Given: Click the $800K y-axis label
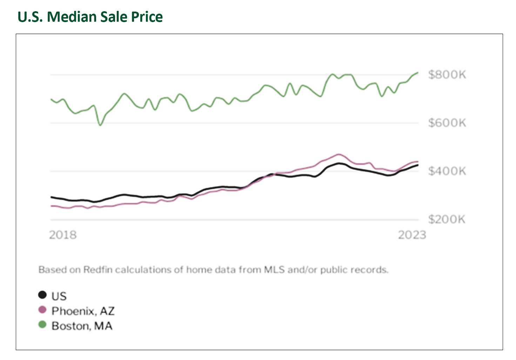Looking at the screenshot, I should pos(447,75).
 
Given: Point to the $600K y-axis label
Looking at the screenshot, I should pos(447,123).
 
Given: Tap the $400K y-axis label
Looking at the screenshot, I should pos(447,171).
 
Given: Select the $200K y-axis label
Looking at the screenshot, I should pos(447,219).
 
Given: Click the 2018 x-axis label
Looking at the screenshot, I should pos(63,235).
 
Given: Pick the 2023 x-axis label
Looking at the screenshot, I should pos(412,235).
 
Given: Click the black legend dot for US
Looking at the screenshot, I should pos(42,295).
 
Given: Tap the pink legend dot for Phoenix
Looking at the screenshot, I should pos(42,310).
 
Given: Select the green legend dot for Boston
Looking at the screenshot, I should pos(42,325).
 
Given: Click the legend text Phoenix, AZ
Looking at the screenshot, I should pos(83,311).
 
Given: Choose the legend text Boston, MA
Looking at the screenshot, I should pos(82,326).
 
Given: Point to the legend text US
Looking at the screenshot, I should pos(59,296).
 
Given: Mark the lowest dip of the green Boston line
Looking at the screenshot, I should pos(100,125).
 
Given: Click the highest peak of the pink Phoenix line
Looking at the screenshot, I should pos(338,154).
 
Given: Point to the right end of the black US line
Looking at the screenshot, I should pos(417,165).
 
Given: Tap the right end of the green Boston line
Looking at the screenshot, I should pos(418,73).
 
